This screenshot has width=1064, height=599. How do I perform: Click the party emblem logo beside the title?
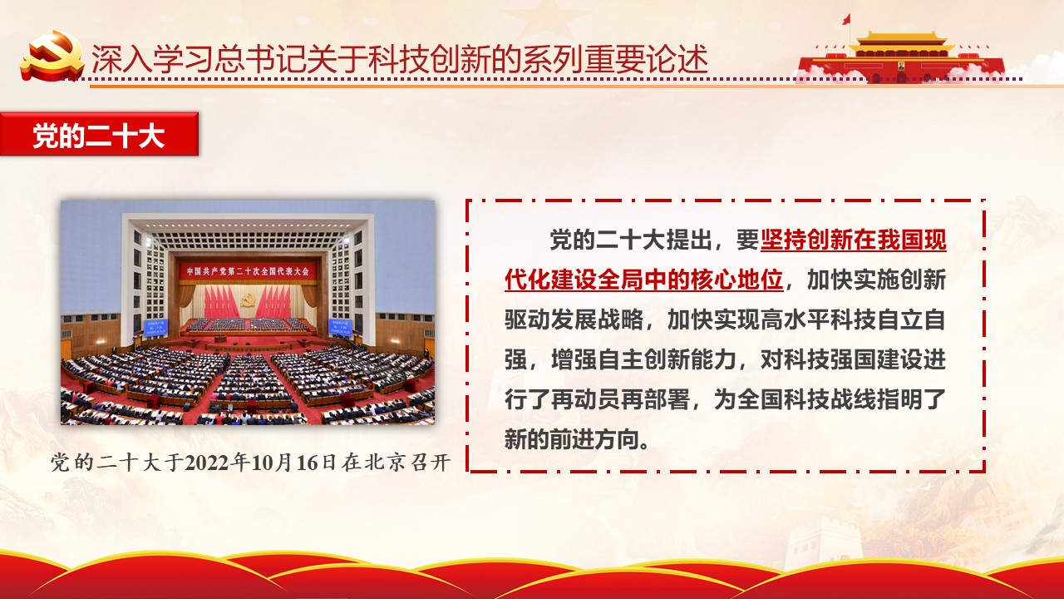coord(52,56)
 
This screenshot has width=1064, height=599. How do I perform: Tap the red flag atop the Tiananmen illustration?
coord(846,19)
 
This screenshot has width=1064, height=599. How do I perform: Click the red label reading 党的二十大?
coord(99,134)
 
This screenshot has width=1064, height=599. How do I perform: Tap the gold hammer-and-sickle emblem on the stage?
coord(247,300)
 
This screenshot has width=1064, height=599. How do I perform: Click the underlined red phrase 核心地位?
coord(736,280)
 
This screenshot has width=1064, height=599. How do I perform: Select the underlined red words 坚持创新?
coord(806,240)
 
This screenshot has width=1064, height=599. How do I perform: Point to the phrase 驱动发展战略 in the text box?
coord(574,319)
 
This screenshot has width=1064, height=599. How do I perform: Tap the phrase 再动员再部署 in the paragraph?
coord(620,399)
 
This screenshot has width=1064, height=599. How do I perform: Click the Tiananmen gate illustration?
coord(901,58)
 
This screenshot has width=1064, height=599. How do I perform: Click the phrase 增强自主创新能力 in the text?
coord(643,359)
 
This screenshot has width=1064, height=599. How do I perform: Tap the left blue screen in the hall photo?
coord(155,328)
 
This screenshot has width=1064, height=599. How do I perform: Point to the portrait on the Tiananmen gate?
coord(901,65)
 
